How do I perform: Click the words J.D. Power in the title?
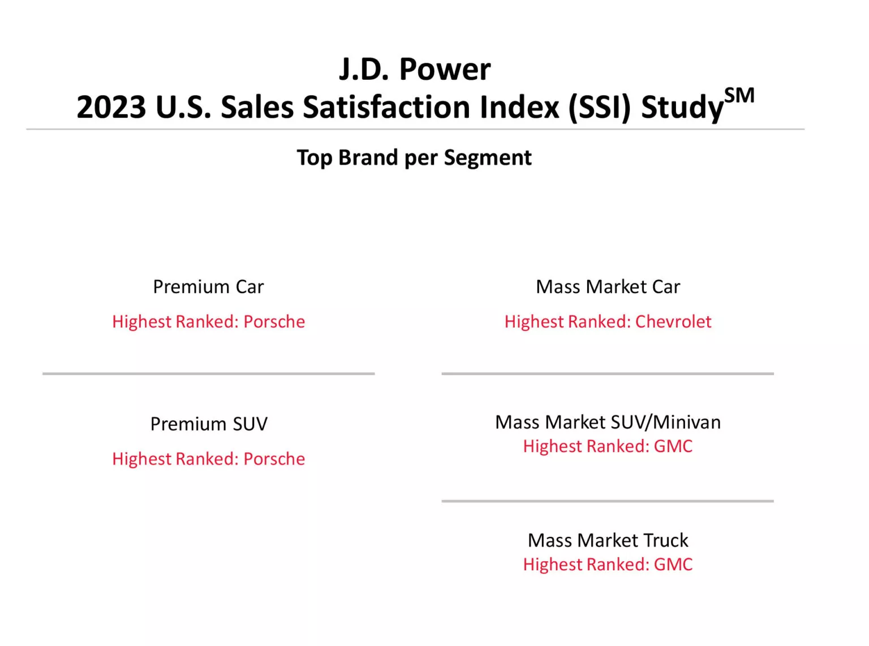[415, 70]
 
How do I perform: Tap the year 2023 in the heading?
[111, 107]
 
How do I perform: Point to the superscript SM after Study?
[739, 96]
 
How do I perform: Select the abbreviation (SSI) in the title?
[599, 107]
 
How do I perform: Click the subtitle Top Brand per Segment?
[414, 158]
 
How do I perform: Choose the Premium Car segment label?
[208, 287]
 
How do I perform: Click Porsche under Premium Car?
[274, 321]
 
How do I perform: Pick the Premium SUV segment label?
[208, 424]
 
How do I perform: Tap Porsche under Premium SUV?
[274, 459]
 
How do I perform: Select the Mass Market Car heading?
[608, 287]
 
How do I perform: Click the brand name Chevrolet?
[673, 321]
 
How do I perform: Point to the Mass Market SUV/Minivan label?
[608, 422]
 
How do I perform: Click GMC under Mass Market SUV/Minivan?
[673, 446]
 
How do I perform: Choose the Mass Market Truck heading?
[608, 540]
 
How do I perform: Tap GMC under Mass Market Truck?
[673, 565]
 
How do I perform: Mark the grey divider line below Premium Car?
[208, 373]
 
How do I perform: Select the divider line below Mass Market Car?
[608, 373]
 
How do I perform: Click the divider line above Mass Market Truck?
[608, 501]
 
